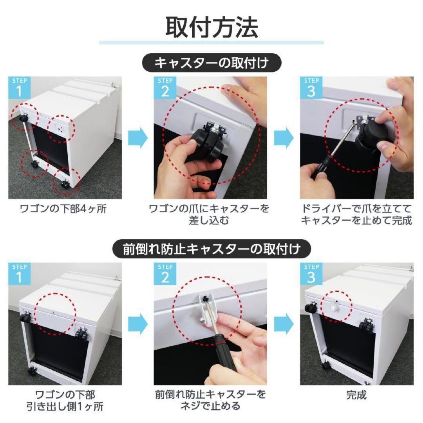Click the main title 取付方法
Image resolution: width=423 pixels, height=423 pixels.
click(x=211, y=27)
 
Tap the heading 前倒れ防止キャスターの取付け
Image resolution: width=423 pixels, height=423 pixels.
click(x=212, y=248)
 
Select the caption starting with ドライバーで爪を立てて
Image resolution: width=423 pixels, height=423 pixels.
click(x=356, y=214)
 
